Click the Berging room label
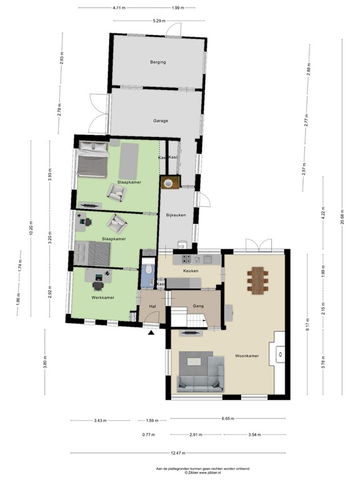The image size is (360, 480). tap(157, 62)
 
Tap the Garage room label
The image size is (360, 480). tap(161, 121)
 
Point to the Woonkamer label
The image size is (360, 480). tap(247, 356)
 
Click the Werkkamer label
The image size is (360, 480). tap(101, 298)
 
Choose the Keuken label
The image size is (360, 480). tap(191, 271)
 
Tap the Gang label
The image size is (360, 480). tap(199, 306)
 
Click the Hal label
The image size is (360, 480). tap(152, 306)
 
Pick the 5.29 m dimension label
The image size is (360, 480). tap(159, 21)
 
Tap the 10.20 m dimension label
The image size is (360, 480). tap(31, 228)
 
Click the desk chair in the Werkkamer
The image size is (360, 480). tap(98, 285)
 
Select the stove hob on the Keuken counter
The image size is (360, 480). tap(186, 258)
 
